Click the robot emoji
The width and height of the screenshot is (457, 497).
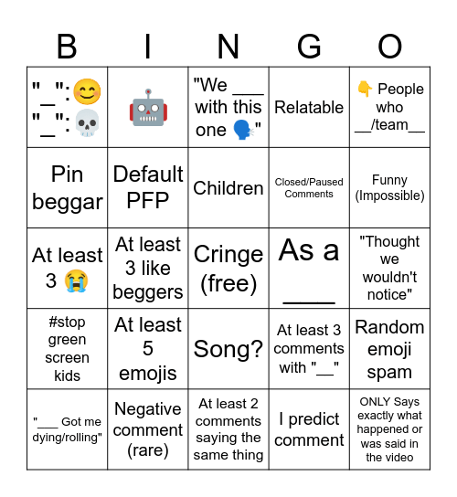(148, 108)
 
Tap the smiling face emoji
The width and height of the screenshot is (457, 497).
(87, 91)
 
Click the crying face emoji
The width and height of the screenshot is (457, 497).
(78, 280)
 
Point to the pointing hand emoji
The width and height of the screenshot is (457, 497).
(365, 89)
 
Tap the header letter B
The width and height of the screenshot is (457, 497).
(68, 46)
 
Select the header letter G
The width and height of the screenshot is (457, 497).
(309, 46)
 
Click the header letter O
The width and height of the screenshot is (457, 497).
(390, 46)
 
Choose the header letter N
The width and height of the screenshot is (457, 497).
(228, 46)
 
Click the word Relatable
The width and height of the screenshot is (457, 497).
(309, 107)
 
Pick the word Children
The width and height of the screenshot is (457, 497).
(228, 188)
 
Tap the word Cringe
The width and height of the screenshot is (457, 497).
(228, 255)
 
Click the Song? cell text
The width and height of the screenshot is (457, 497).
(228, 348)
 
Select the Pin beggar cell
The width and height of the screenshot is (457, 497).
(68, 187)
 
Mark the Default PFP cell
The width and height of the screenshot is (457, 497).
(148, 187)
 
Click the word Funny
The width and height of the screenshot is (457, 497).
(390, 180)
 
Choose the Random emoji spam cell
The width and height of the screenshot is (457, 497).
(390, 349)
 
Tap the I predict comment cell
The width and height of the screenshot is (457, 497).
(309, 429)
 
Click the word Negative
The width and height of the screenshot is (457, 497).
(148, 409)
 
